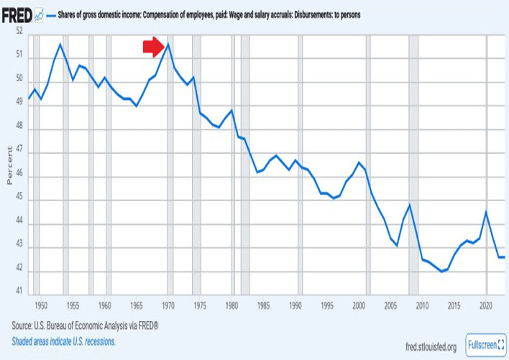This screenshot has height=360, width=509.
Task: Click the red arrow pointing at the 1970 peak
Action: pyautogui.click(x=154, y=47)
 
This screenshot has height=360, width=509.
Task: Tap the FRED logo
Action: pyautogui.click(x=17, y=14)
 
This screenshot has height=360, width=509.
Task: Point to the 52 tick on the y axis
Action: pyautogui.click(x=19, y=32)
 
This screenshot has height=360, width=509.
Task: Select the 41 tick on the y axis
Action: pyautogui.click(x=19, y=292)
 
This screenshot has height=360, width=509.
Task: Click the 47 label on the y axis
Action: pyautogui.click(x=19, y=152)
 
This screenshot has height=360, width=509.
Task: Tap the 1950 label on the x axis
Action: pyautogui.click(x=41, y=305)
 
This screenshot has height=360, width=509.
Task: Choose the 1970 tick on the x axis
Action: pyautogui.click(x=169, y=305)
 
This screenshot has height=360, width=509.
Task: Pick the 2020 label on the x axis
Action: pyautogui.click(x=486, y=305)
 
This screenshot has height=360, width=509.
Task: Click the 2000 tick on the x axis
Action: pyautogui.click(x=359, y=305)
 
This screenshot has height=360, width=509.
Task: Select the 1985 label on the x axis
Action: pyautogui.click(x=265, y=305)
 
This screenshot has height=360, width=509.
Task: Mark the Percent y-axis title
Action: pyautogui.click(x=9, y=165)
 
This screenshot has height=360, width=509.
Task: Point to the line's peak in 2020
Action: pyautogui.click(x=487, y=211)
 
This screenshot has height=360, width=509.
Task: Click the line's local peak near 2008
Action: pyautogui.click(x=410, y=205)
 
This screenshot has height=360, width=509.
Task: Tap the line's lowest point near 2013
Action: pyautogui.click(x=441, y=272)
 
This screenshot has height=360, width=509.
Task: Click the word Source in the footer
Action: pyautogui.click(x=25, y=328)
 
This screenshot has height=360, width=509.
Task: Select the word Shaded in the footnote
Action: pyautogui.click(x=25, y=341)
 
